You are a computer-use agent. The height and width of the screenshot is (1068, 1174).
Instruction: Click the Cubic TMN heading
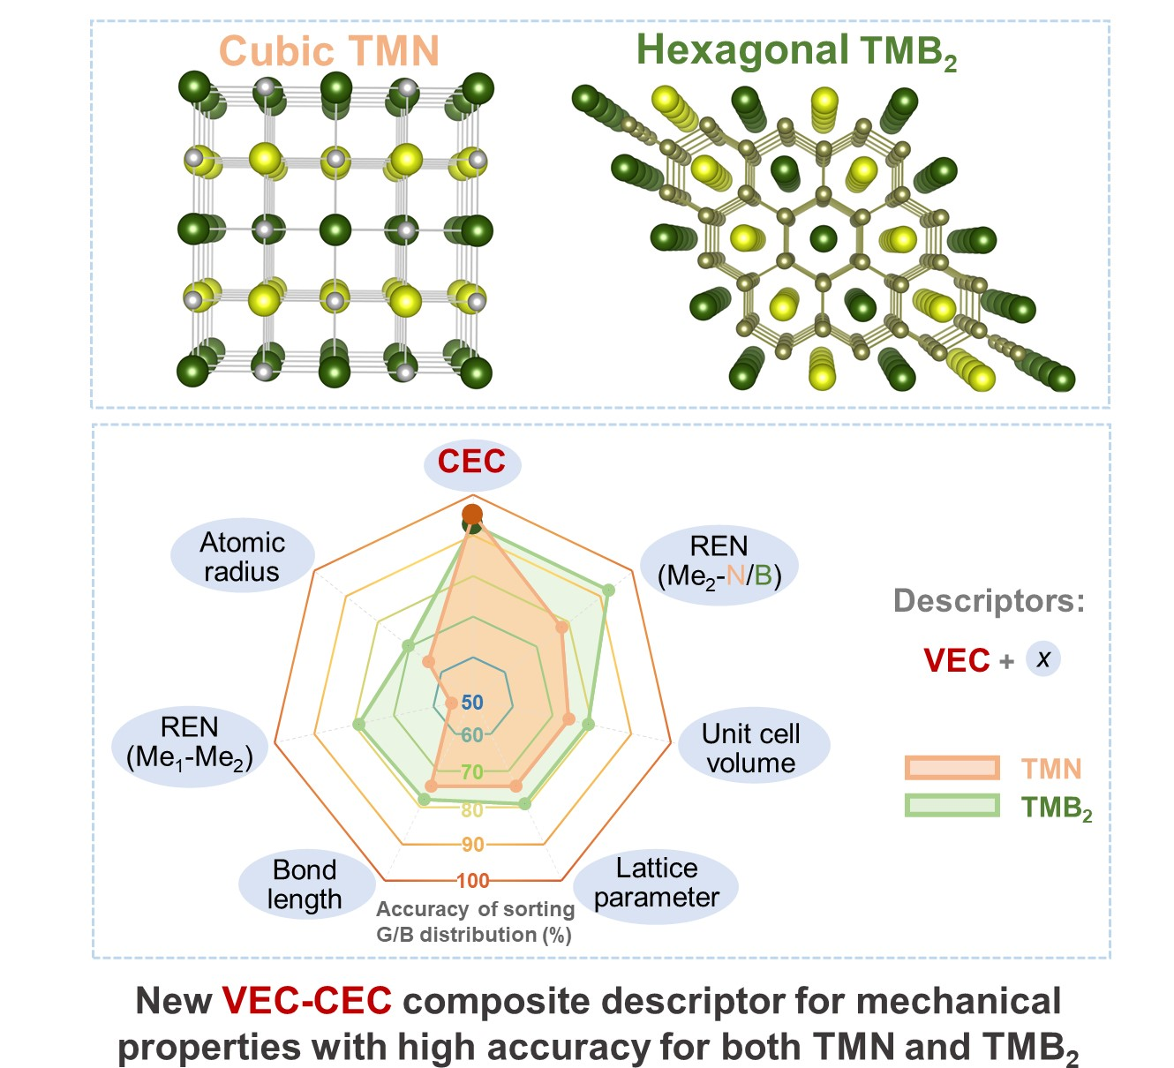click(328, 51)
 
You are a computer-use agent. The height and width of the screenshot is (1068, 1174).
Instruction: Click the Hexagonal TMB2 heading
click(795, 51)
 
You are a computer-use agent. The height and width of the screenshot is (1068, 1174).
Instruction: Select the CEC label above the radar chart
click(471, 462)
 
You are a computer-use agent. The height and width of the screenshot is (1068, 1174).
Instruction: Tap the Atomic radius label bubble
click(242, 556)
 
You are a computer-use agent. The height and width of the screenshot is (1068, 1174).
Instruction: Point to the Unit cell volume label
click(751, 748)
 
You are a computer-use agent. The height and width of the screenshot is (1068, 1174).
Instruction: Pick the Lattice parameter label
click(656, 883)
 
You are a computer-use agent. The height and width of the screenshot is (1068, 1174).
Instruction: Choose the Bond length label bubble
click(305, 884)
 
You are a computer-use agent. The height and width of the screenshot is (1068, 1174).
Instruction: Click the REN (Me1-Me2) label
click(190, 742)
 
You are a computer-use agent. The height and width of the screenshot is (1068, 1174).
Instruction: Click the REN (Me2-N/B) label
click(719, 561)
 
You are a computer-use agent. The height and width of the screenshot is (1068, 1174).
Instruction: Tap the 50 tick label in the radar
click(472, 703)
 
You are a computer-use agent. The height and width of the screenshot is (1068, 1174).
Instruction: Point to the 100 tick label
click(473, 881)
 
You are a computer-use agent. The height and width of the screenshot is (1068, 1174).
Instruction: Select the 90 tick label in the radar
click(473, 845)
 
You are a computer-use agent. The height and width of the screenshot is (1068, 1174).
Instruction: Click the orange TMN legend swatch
click(952, 768)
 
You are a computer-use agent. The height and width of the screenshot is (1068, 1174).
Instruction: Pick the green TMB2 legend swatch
click(952, 805)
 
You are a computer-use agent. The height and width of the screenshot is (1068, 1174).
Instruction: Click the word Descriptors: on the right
click(989, 601)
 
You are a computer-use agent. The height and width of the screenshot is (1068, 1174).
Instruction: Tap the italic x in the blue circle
click(1043, 659)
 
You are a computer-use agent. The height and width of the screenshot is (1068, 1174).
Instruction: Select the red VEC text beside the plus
click(957, 660)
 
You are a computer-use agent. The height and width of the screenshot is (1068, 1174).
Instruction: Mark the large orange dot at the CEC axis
click(473, 514)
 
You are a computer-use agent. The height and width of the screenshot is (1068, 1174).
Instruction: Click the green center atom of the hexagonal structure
click(823, 237)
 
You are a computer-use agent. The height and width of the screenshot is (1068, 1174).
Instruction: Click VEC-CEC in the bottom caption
click(307, 1001)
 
